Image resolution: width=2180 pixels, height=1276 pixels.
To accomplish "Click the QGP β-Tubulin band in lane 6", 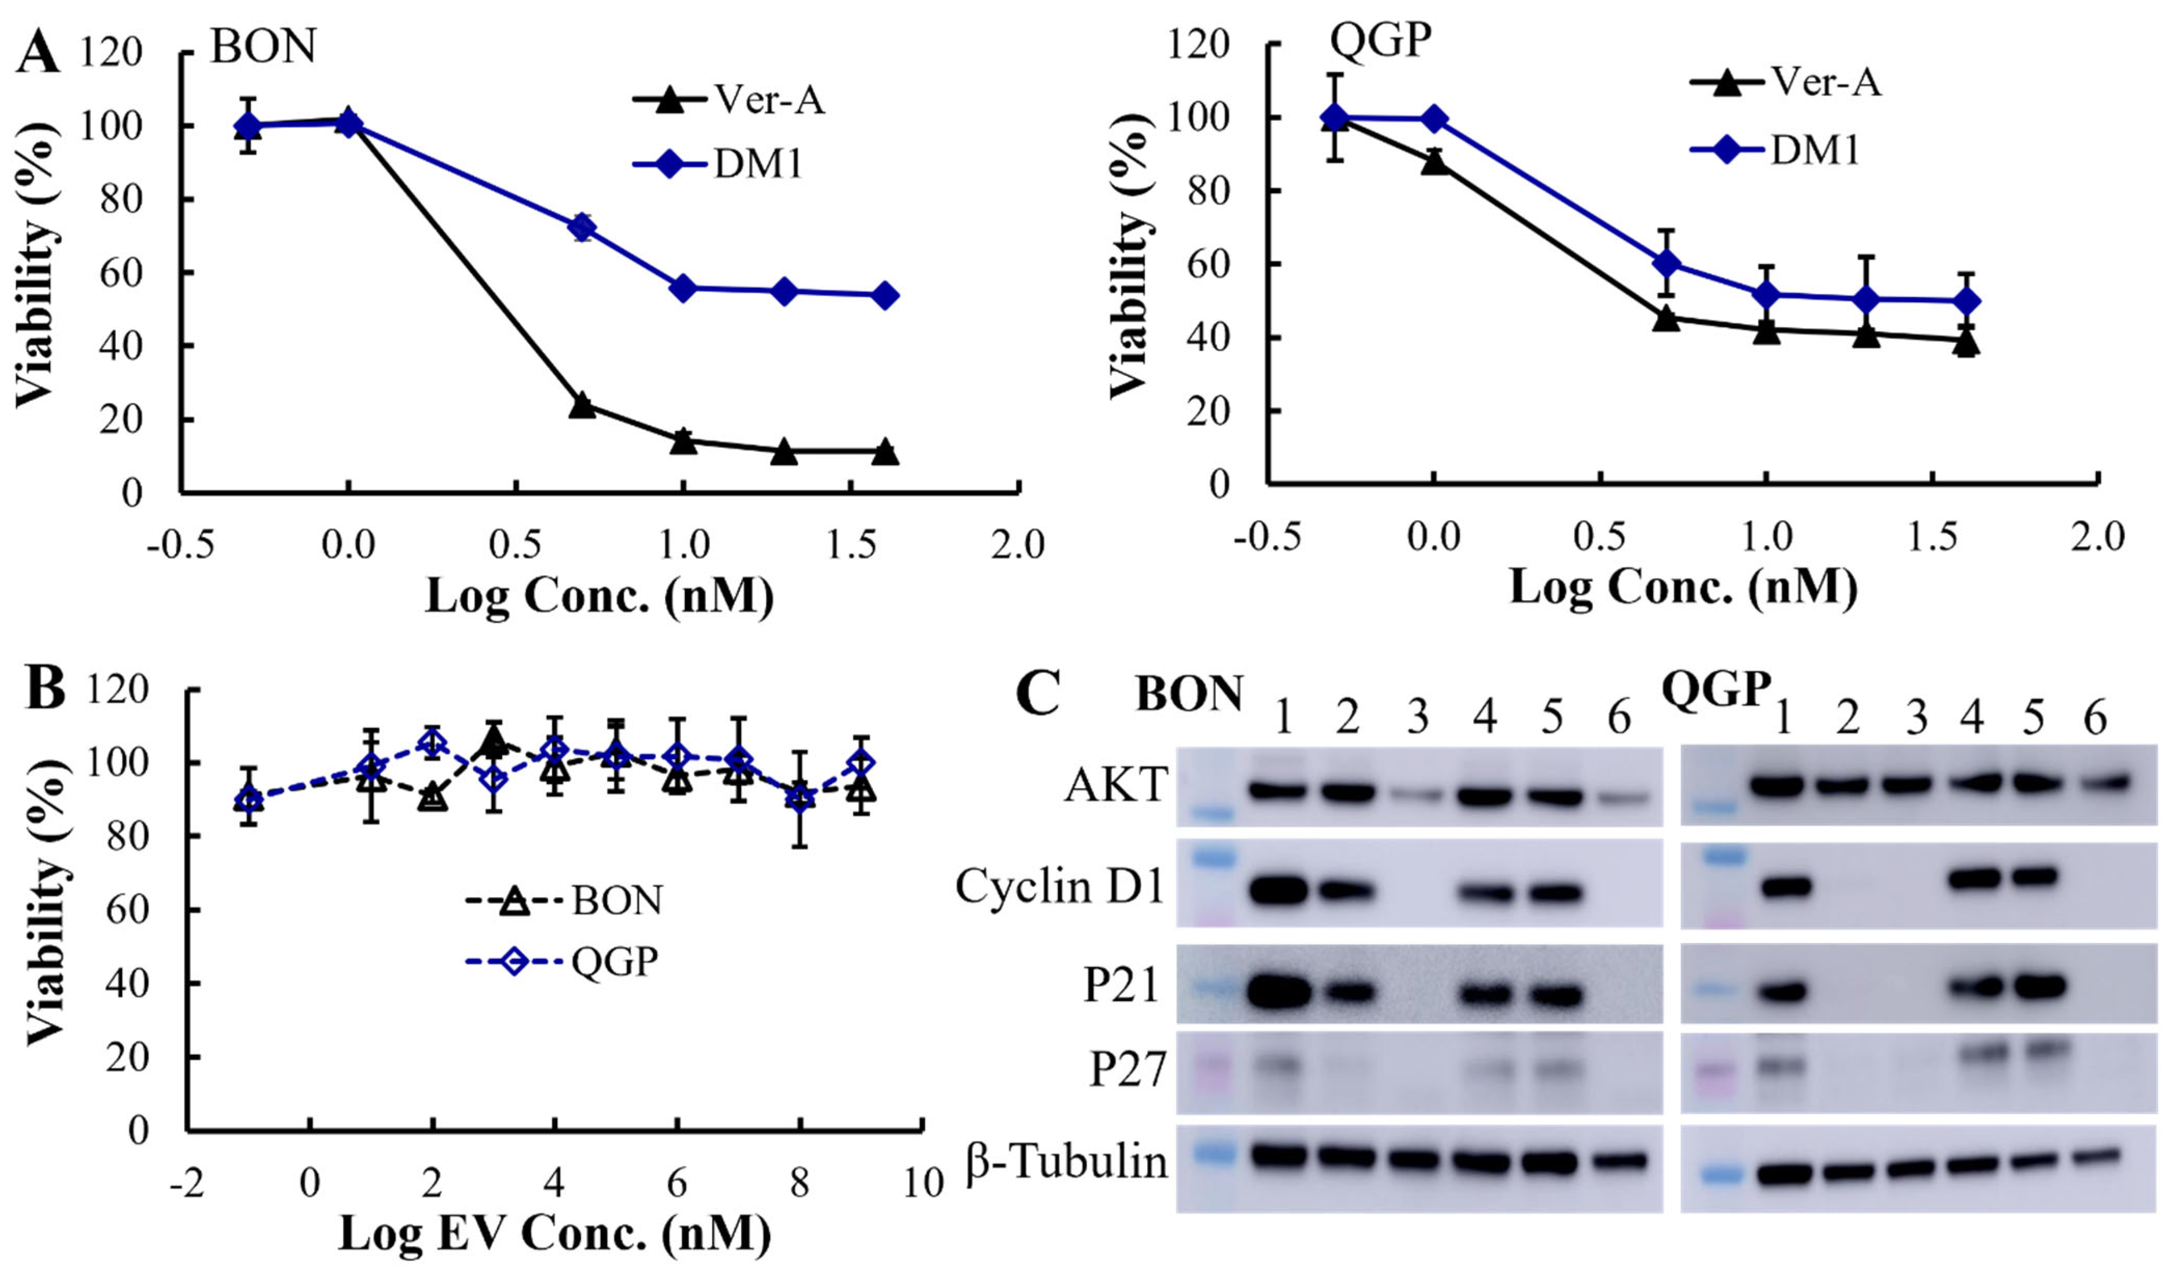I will (2097, 1157).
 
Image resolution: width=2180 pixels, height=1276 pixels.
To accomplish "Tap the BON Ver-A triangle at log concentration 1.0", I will (683, 440).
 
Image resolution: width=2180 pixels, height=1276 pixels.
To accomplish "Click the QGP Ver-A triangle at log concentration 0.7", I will (1665, 318).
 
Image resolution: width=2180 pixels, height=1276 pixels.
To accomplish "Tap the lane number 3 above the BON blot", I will (1416, 718).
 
